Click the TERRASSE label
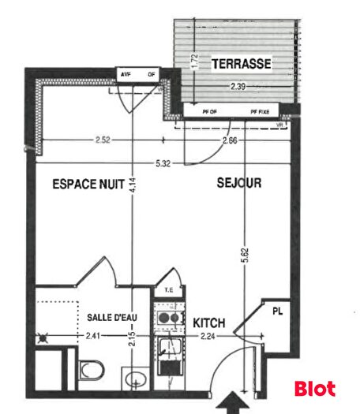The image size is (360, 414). pyautogui.click(x=242, y=63)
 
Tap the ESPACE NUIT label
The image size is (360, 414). pyautogui.click(x=88, y=184)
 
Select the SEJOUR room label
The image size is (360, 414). pyautogui.click(x=239, y=183)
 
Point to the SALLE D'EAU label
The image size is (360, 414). pyautogui.click(x=113, y=317)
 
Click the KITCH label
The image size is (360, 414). pyautogui.click(x=209, y=323)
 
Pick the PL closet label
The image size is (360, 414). pyautogui.click(x=276, y=311)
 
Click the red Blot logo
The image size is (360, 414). pyautogui.click(x=314, y=389)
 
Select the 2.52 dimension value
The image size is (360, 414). pyautogui.click(x=102, y=141)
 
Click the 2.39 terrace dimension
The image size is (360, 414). pyautogui.click(x=238, y=85)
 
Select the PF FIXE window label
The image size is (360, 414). pyautogui.click(x=260, y=112)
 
